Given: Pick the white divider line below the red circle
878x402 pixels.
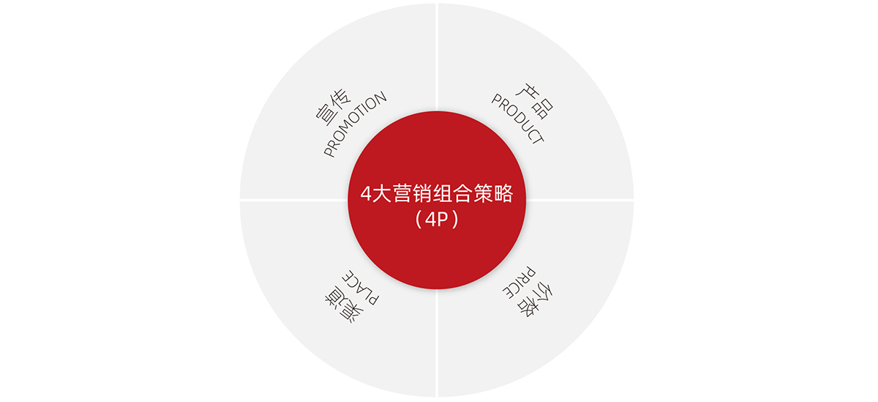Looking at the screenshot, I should tap(437, 344).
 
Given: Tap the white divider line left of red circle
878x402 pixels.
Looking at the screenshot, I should tap(293, 199).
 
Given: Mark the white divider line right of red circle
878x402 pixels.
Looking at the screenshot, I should tap(582, 199).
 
